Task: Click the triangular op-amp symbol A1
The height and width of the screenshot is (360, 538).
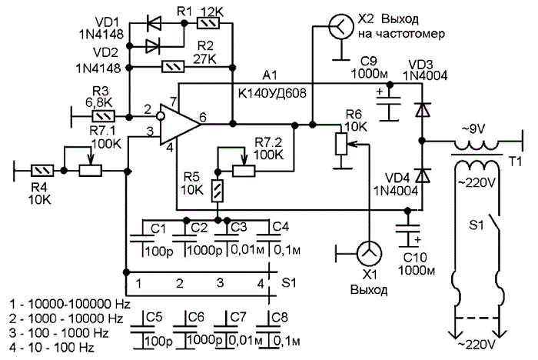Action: (x=179, y=124)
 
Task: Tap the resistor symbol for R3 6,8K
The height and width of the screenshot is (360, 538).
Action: (x=103, y=117)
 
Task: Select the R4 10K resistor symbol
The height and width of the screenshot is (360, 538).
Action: (x=42, y=170)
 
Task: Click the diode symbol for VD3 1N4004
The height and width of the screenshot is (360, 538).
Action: (x=422, y=110)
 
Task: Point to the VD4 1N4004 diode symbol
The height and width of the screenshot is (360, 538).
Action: (x=422, y=175)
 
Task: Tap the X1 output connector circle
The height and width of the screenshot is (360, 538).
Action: (x=369, y=254)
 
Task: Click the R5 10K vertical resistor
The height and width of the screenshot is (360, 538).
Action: (x=218, y=191)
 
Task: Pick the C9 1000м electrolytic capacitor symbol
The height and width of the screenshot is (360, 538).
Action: (x=389, y=104)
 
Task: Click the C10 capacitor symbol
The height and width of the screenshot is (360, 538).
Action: (x=407, y=232)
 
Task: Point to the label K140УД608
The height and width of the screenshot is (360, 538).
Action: (x=272, y=93)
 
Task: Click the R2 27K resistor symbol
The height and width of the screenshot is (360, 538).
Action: (x=173, y=67)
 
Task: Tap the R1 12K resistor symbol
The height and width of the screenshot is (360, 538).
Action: (x=208, y=23)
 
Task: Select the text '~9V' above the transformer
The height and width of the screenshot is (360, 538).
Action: (x=474, y=129)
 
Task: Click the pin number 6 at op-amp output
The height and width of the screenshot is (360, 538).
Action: (x=203, y=118)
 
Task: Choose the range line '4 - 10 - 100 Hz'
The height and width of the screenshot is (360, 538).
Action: (x=51, y=348)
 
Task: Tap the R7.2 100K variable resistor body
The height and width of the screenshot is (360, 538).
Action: (x=244, y=171)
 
